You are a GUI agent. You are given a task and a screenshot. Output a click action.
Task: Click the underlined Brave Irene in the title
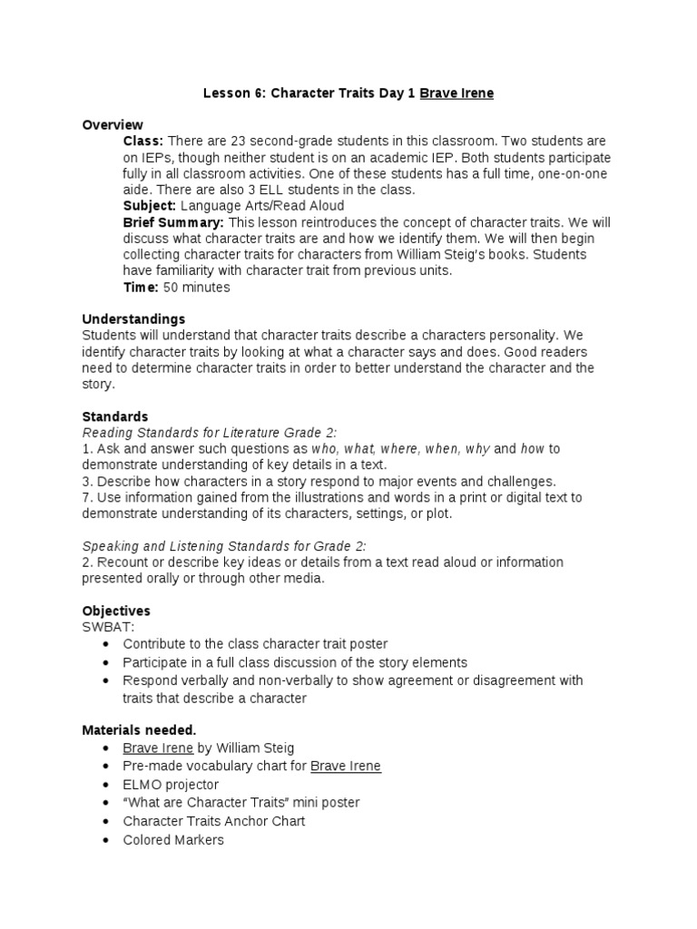click(456, 93)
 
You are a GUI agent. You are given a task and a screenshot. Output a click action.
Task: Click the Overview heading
click(113, 124)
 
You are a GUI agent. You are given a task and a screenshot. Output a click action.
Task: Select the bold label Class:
click(143, 142)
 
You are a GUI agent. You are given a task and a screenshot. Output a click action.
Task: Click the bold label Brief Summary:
click(173, 222)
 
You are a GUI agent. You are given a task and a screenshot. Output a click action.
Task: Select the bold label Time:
click(141, 288)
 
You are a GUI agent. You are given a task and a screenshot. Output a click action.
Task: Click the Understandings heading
click(133, 318)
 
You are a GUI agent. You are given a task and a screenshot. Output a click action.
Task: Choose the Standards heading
click(114, 416)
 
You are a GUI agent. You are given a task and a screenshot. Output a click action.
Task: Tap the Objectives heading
click(116, 611)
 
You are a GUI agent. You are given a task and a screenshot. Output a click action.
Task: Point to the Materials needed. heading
click(139, 729)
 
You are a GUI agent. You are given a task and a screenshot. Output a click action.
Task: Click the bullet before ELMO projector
click(107, 785)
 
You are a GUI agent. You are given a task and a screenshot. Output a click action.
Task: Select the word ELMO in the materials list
click(141, 785)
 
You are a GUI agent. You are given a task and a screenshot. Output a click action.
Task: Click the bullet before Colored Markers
click(107, 840)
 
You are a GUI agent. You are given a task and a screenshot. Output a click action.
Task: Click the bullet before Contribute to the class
click(107, 644)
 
